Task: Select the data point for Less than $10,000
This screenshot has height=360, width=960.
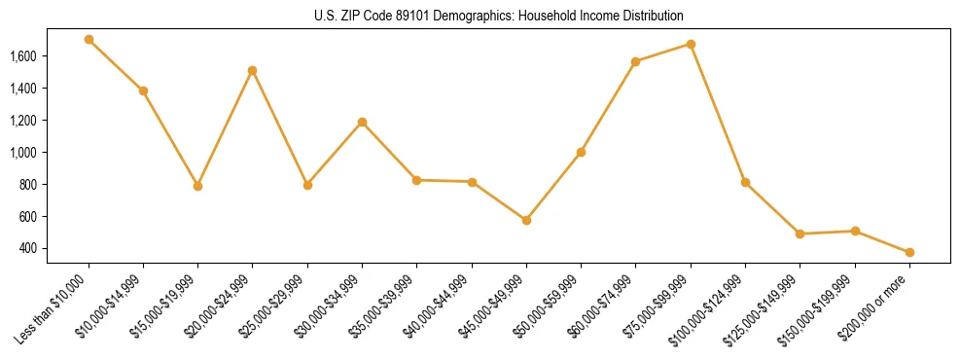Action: point(89,40)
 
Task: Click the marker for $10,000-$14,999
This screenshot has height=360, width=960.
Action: point(143,90)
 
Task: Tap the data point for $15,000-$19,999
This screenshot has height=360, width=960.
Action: point(197,186)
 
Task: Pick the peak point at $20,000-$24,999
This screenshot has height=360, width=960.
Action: point(253,70)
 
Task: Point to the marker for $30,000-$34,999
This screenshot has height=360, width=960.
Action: point(362,122)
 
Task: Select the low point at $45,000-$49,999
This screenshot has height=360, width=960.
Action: point(526,220)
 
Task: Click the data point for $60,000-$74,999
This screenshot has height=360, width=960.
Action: point(635,61)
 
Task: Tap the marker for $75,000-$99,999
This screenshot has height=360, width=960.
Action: point(691,44)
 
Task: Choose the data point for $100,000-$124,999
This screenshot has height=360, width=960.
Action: point(745,182)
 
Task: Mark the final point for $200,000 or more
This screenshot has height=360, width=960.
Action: point(909,252)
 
